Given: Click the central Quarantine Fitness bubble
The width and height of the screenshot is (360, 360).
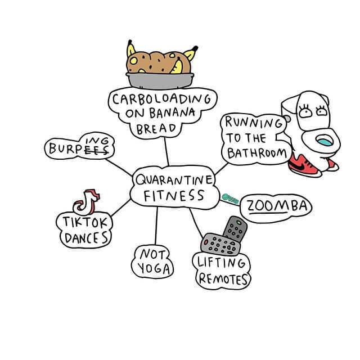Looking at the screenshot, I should pos(173,188).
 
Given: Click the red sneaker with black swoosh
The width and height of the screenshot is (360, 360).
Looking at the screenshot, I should pos(303,163).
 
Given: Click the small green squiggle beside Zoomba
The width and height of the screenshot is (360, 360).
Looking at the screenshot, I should pos(231,199).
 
